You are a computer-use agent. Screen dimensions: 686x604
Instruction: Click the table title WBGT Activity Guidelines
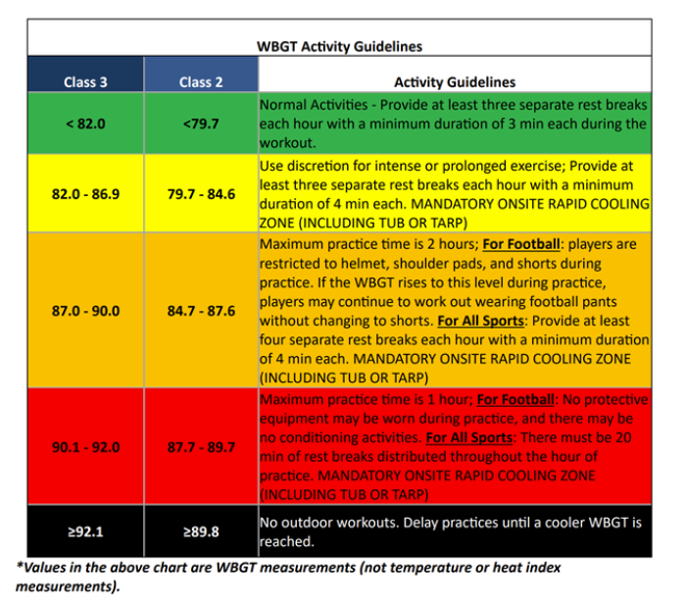339,46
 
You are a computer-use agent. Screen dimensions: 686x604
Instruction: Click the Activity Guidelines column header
455,82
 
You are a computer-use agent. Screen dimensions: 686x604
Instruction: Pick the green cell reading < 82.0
85,124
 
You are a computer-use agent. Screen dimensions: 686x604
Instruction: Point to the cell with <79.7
201,124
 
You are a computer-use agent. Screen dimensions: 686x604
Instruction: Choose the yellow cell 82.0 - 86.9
85,194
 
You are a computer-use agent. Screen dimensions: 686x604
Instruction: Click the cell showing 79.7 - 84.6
201,194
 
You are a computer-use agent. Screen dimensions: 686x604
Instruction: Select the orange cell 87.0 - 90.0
85,311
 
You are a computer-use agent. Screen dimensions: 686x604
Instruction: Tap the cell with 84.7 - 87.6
201,311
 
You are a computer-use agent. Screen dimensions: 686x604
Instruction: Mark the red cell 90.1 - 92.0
85,447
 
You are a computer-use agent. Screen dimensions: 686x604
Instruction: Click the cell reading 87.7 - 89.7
201,447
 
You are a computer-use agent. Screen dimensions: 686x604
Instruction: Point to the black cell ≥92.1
85,531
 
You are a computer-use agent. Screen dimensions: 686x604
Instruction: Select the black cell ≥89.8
201,531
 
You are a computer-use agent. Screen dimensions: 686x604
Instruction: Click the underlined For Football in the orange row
521,244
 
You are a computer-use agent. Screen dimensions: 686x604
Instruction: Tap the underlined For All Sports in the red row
469,437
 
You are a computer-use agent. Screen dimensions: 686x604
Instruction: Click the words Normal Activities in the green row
314,105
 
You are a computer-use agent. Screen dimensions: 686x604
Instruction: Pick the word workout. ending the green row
288,143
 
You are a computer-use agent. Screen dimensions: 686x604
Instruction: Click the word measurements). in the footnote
68,586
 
